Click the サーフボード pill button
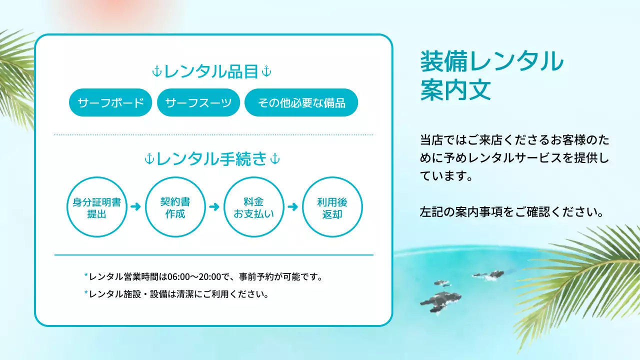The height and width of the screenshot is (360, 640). (110, 102)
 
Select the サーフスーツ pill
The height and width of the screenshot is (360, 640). (198, 102)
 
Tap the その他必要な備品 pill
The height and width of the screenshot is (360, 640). (301, 102)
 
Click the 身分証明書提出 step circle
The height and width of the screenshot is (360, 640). (97, 207)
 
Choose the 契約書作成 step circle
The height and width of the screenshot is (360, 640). (175, 207)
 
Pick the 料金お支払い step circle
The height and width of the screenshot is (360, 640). (254, 207)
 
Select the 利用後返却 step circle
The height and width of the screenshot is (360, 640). (332, 207)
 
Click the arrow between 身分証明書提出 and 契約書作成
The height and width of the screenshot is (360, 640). (135, 206)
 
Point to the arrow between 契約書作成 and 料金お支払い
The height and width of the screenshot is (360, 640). (214, 206)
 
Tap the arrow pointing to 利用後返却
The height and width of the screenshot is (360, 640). (293, 206)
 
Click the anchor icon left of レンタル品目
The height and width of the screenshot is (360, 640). (156, 72)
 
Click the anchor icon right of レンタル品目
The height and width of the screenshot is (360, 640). (266, 72)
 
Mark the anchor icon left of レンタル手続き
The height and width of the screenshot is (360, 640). (149, 159)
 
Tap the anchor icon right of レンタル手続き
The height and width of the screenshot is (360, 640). (274, 159)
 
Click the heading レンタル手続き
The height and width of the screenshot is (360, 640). (211, 159)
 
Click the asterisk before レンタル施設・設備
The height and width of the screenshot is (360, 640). (86, 293)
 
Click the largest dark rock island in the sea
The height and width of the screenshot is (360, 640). (440, 300)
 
